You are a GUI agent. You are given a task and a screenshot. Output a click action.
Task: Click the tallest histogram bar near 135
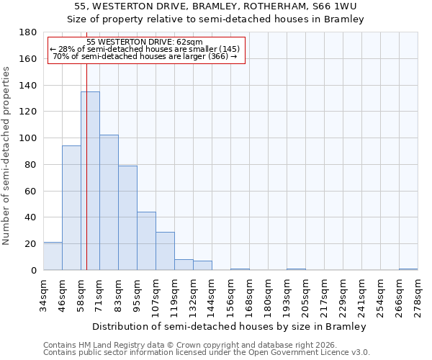pyautogui.click(x=90, y=181)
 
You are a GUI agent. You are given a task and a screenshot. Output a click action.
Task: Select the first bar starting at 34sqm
pyautogui.click(x=53, y=256)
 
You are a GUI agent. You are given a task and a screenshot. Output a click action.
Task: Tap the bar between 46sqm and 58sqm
pyautogui.click(x=71, y=208)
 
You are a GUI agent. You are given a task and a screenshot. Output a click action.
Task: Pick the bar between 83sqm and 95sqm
pyautogui.click(x=127, y=218)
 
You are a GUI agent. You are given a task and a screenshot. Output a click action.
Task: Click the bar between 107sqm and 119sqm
pyautogui.click(x=165, y=251)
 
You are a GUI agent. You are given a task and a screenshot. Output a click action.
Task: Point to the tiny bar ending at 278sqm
pyautogui.click(x=408, y=269)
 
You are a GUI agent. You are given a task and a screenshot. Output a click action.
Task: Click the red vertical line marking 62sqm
pyautogui.click(x=86, y=180)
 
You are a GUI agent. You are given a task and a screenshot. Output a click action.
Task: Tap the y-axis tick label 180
pyautogui.click(x=28, y=32)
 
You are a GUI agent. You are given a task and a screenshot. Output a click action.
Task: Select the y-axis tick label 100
pyautogui.click(x=28, y=138)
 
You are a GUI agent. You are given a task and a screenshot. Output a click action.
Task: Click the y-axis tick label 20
pyautogui.click(x=31, y=244)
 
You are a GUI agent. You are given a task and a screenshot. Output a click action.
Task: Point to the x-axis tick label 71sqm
pyautogui.click(x=99, y=294)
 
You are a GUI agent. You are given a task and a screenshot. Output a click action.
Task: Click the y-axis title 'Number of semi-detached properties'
pyautogui.click(x=6, y=156)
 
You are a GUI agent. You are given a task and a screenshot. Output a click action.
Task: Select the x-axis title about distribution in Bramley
pyautogui.click(x=230, y=326)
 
